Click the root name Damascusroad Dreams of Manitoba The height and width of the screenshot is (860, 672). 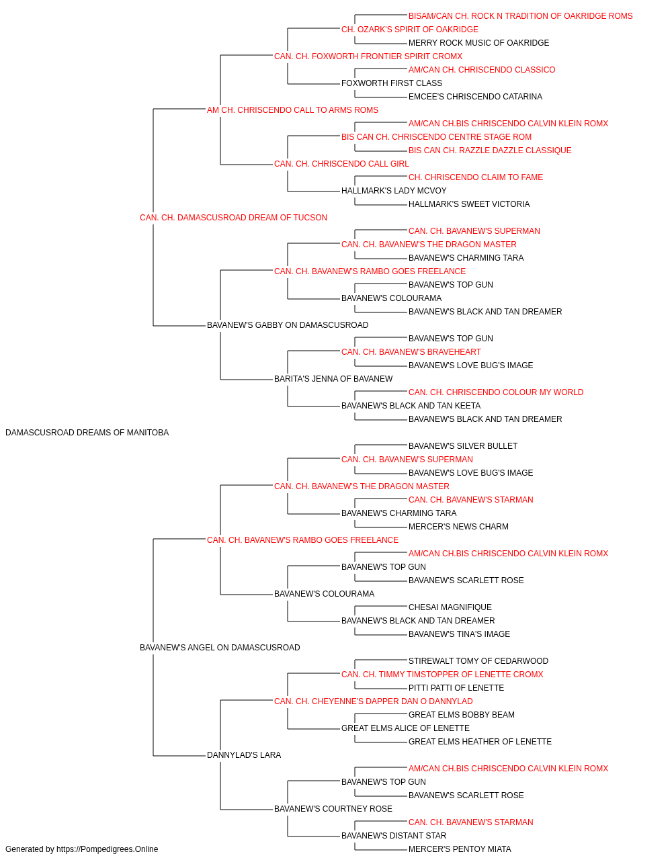click(87, 433)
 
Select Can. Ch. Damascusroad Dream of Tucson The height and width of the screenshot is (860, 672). click(233, 218)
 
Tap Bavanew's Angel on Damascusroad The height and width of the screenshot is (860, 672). click(220, 648)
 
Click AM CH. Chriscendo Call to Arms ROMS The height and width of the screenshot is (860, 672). click(292, 110)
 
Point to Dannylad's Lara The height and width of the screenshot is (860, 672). click(244, 755)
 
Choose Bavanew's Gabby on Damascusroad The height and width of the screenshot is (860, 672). click(288, 325)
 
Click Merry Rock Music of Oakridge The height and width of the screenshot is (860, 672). click(479, 43)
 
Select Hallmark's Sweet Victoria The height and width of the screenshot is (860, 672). click(469, 204)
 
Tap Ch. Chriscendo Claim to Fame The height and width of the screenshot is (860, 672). click(476, 177)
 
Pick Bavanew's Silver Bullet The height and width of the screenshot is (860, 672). click(463, 446)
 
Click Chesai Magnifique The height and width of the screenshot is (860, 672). click(450, 607)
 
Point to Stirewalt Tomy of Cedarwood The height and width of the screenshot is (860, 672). click(478, 661)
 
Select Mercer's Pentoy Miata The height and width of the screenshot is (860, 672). click(460, 849)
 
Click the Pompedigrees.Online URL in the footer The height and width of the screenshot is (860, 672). click(108, 849)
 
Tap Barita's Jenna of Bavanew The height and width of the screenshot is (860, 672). click(333, 379)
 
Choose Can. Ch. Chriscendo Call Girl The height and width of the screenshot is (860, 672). click(341, 164)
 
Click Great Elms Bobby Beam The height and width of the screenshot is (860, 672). click(462, 715)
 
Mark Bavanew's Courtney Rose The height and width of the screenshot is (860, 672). click(333, 808)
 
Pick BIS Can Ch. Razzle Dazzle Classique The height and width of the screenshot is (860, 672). click(490, 150)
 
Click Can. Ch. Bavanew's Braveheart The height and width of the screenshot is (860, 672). click(411, 352)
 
